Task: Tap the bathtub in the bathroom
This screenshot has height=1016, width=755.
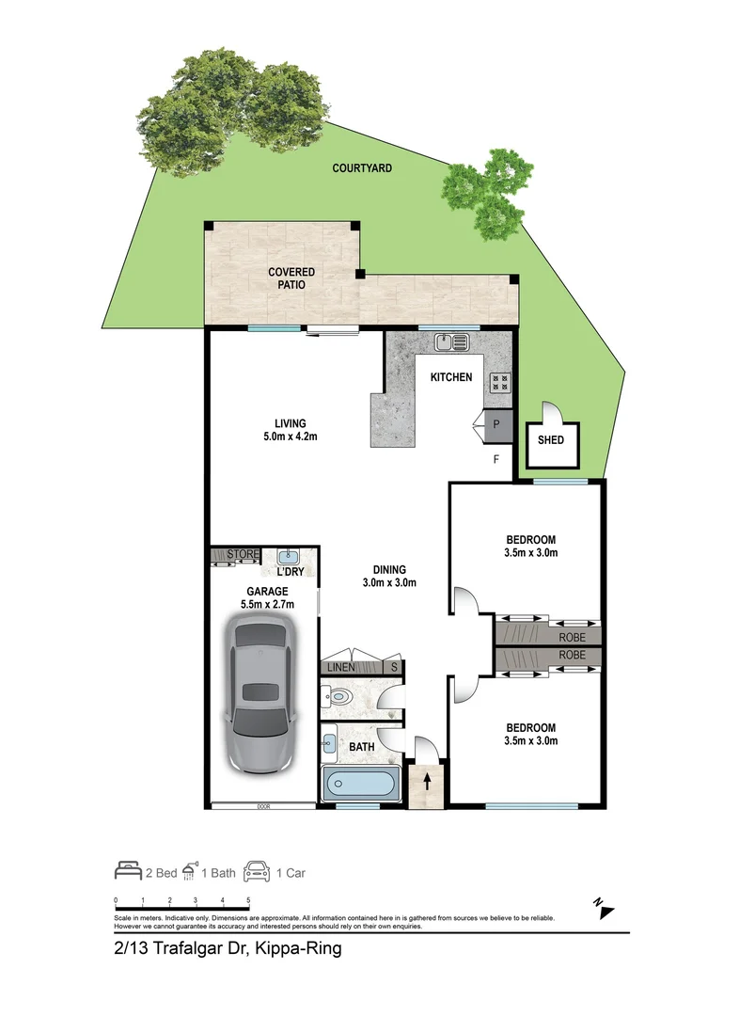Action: (x=361, y=784)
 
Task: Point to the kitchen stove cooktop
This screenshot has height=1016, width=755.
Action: (x=499, y=382)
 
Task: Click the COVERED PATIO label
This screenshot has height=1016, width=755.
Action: (x=291, y=278)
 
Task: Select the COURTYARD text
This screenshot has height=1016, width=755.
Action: (x=362, y=168)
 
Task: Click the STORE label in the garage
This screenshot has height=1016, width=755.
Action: (x=243, y=555)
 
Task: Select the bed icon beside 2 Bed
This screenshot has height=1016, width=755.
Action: (x=128, y=871)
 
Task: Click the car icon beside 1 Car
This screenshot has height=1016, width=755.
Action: (x=255, y=871)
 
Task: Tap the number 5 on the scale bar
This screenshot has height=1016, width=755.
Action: (x=248, y=900)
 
